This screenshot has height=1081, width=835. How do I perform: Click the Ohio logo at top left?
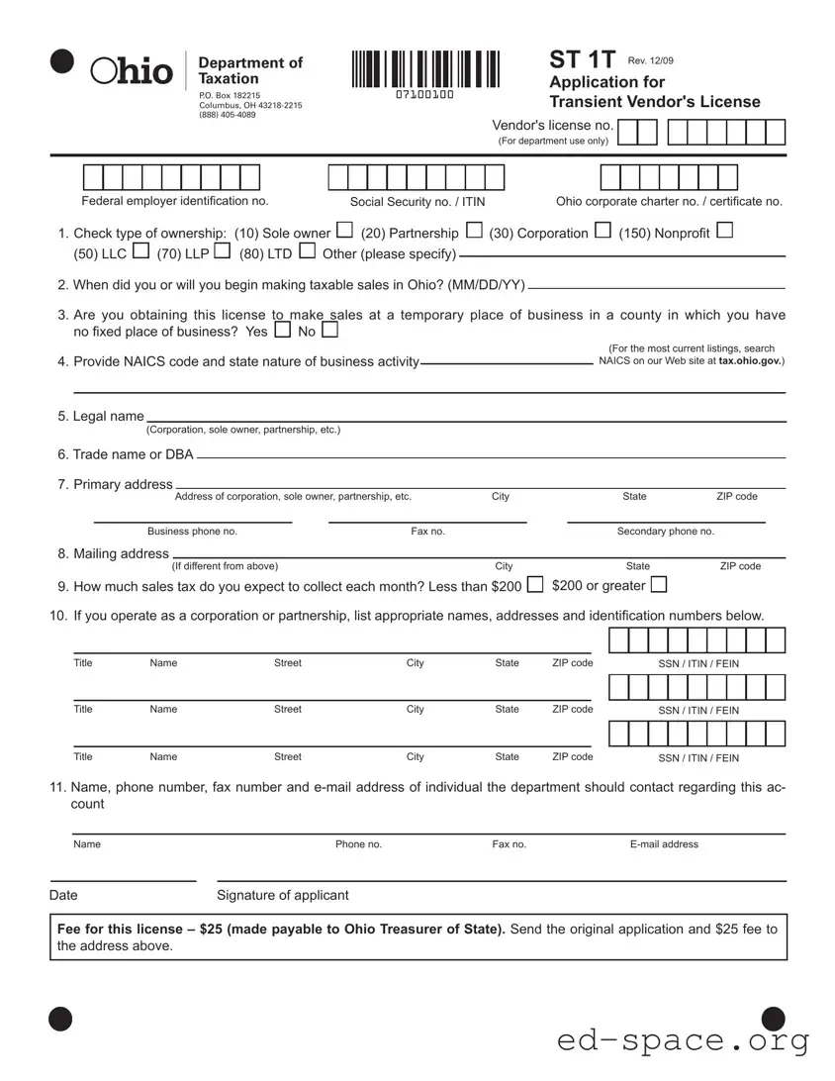(x=131, y=70)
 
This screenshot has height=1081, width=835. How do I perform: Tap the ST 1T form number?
(x=583, y=60)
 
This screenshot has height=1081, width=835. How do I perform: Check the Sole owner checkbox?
(x=344, y=232)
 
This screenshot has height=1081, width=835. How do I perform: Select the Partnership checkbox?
(x=473, y=232)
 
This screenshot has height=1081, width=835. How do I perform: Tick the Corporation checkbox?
(x=603, y=232)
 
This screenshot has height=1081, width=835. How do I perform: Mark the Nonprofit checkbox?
(x=724, y=232)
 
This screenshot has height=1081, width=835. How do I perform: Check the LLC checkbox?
(x=140, y=252)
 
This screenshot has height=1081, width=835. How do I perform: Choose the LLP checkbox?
(x=222, y=252)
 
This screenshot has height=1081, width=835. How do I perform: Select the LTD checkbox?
(x=307, y=252)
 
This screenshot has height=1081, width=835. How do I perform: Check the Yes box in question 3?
(x=282, y=330)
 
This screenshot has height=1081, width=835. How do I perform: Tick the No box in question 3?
(x=329, y=330)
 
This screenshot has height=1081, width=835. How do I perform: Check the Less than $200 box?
(x=535, y=585)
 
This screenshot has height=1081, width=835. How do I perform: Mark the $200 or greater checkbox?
(x=659, y=585)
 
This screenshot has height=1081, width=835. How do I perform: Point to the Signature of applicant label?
(x=283, y=895)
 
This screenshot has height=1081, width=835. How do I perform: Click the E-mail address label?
(x=664, y=844)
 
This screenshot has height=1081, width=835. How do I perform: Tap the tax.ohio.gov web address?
(x=751, y=361)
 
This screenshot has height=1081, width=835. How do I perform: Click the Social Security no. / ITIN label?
(x=417, y=202)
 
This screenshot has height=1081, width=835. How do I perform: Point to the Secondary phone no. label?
(x=665, y=532)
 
